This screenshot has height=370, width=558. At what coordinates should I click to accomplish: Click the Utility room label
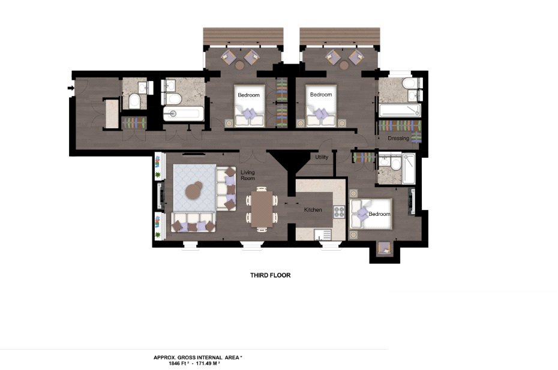pyautogui.click(x=322, y=157)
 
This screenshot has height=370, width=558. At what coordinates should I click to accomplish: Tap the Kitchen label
pyautogui.click(x=313, y=210)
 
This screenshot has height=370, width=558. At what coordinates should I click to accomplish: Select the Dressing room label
pyautogui.click(x=398, y=139)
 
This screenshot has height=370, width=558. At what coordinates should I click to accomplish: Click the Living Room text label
pyautogui.click(x=248, y=175)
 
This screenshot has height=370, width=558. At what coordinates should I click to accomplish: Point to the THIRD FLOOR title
pyautogui.click(x=271, y=275)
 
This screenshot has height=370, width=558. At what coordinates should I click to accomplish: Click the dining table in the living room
pyautogui.click(x=262, y=209)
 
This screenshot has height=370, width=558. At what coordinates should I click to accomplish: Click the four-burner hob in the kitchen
pyautogui.click(x=339, y=212)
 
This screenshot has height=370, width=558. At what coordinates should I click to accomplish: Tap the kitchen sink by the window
pyautogui.click(x=322, y=234)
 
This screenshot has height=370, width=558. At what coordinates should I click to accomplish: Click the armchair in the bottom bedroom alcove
pyautogui.click(x=385, y=248)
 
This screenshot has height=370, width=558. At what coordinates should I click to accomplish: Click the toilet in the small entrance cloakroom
pyautogui.click(x=134, y=101)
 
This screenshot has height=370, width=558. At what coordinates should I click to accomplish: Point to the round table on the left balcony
pyautogui.click(x=239, y=65)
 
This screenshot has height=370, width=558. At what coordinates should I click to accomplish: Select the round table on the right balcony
pyautogui.click(x=344, y=65)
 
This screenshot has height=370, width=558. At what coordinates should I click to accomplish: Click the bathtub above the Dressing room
pyautogui.click(x=400, y=110)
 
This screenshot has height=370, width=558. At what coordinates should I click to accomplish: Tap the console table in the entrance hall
pyautogui.click(x=112, y=113)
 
